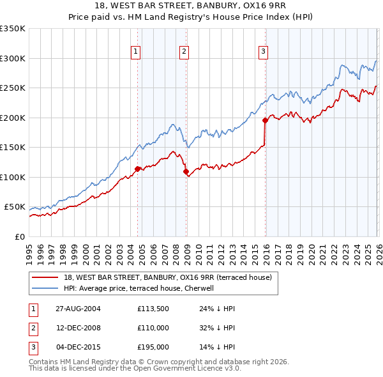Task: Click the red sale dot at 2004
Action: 137,169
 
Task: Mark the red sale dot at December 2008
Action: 186,171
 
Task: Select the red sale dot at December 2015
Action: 265,120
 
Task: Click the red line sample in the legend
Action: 45,277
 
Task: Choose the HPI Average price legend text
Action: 141,288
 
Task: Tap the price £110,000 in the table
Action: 153,328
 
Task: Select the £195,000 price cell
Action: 153,347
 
